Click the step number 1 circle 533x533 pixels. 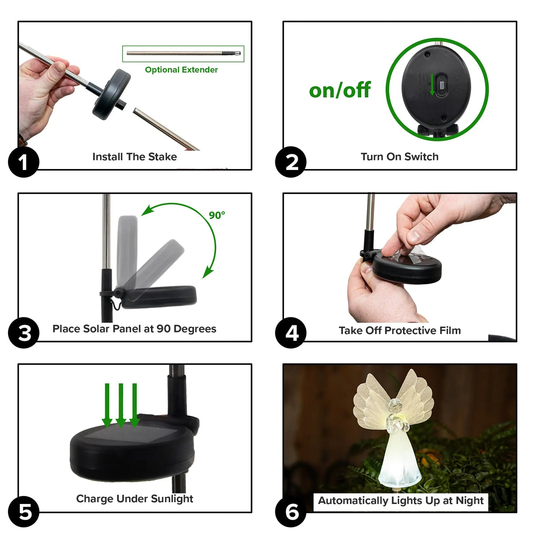[24, 162]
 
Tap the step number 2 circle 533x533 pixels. [291, 162]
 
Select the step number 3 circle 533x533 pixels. [24, 333]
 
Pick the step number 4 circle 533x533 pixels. [291, 333]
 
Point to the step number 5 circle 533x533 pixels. [24, 511]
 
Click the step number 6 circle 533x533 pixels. [291, 511]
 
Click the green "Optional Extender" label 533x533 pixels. [181, 70]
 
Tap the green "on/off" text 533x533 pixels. [340, 90]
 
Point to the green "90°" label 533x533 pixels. [217, 215]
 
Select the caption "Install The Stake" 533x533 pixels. [134, 157]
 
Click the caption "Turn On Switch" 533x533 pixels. [400, 157]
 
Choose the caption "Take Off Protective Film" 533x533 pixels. [400, 331]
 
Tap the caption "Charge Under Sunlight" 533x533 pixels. [134, 499]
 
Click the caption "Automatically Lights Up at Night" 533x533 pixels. [400, 501]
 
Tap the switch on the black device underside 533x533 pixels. [442, 85]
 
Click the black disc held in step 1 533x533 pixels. [112, 94]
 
